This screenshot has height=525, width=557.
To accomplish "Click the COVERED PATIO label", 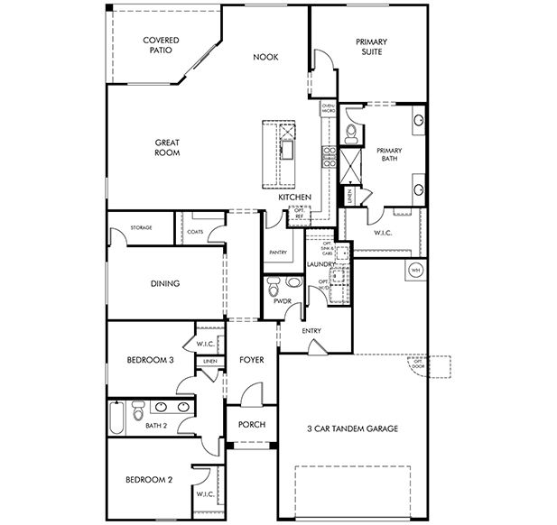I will tap(162, 45).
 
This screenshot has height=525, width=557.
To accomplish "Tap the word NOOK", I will tap(265, 57).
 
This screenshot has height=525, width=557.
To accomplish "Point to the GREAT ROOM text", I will tap(167, 147).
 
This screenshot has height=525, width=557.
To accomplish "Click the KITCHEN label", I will tap(294, 197).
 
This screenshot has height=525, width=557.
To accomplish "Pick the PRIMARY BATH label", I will tap(389, 154).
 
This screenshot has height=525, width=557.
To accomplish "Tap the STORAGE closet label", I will tap(140, 227).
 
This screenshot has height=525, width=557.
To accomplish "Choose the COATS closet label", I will tap(195, 231).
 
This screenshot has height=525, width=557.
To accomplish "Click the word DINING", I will tap(165, 283).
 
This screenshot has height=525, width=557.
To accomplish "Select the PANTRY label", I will tap(277, 253).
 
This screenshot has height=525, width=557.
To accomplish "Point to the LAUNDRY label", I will tap(320, 264).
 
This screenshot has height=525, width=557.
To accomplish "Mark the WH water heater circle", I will tap(416, 270).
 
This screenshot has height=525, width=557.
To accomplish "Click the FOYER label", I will tap(251, 360).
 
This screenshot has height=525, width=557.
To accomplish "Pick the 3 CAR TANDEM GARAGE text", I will tap(351, 428).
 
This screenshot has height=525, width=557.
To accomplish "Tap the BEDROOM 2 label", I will tap(149, 479).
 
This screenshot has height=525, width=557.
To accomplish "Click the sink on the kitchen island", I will tap(288, 147).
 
